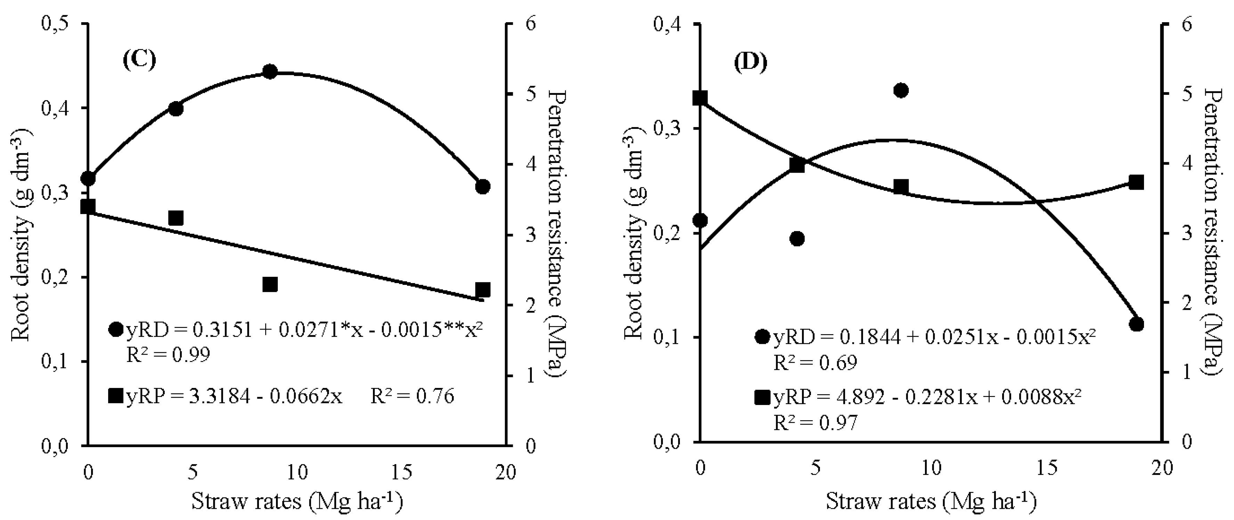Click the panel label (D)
[x=750, y=63]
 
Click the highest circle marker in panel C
[x=270, y=72]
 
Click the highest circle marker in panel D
[x=901, y=91]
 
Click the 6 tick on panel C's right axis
[x=525, y=24]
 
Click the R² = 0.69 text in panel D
[x=815, y=363]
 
